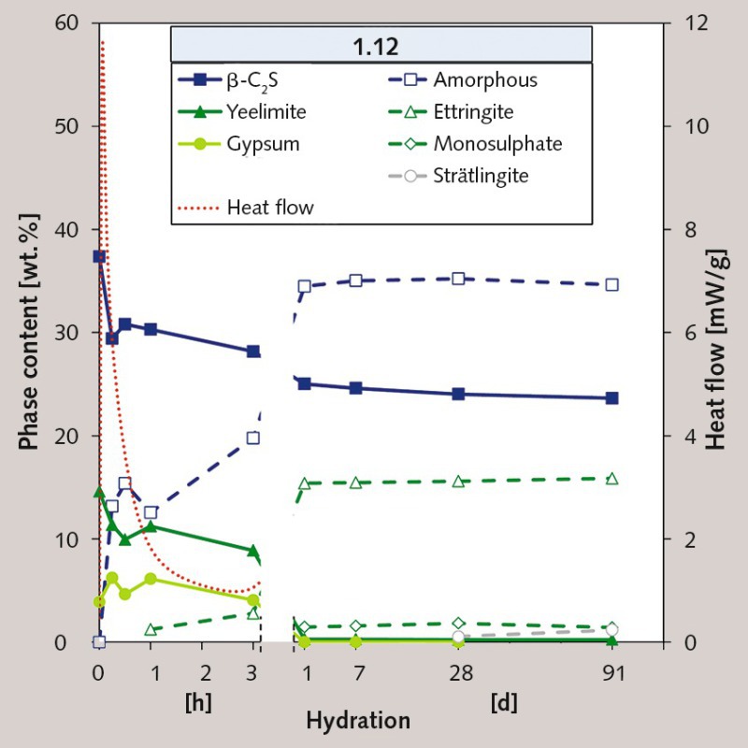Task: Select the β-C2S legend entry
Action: coord(238,80)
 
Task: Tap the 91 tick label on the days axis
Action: coord(611,672)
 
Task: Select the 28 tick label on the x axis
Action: coord(458,672)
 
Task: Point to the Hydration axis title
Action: coord(358,721)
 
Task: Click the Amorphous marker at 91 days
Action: coord(611,284)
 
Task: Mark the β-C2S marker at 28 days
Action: coord(458,394)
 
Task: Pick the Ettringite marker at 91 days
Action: coord(611,479)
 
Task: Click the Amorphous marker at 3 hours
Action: coord(253,438)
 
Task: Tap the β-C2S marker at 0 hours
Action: coord(99,256)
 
